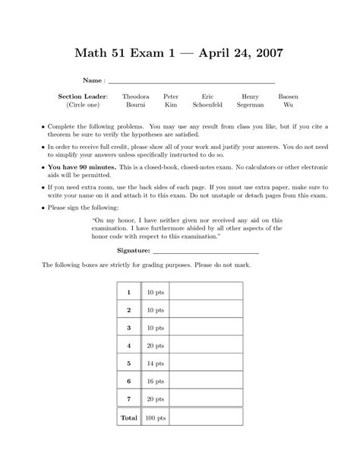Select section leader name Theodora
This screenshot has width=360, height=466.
(136, 97)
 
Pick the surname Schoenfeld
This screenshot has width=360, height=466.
(207, 106)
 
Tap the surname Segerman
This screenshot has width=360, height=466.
(250, 106)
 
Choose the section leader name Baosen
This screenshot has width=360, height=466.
(288, 97)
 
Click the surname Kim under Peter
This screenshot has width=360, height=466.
(171, 106)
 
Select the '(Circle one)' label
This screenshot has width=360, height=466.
(83, 106)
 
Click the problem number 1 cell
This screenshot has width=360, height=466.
(129, 292)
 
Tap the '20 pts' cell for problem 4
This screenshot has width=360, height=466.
(156, 345)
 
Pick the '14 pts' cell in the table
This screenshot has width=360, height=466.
(156, 363)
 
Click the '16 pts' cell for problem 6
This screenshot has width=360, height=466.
(156, 381)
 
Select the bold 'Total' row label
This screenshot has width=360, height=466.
(129, 417)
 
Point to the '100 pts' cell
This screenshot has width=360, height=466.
(156, 417)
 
